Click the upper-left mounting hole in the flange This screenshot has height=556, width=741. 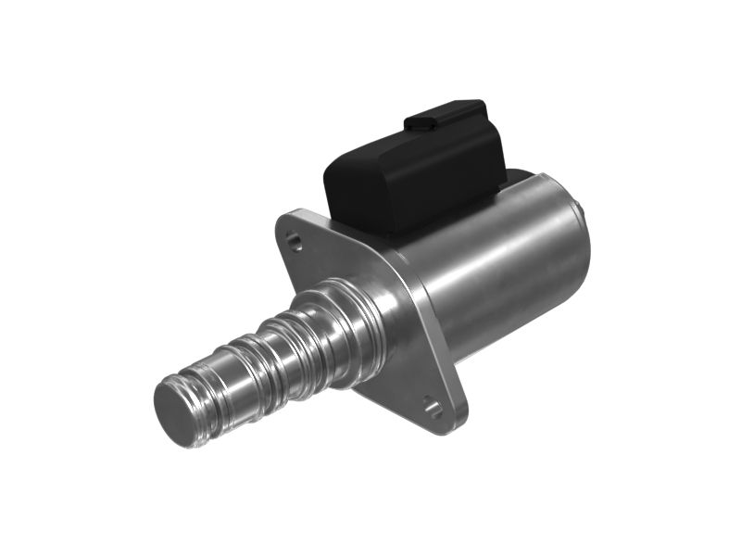tap(295, 243)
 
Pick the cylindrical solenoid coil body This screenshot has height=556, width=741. tap(500, 269)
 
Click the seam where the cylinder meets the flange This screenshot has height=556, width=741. tap(417, 297)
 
